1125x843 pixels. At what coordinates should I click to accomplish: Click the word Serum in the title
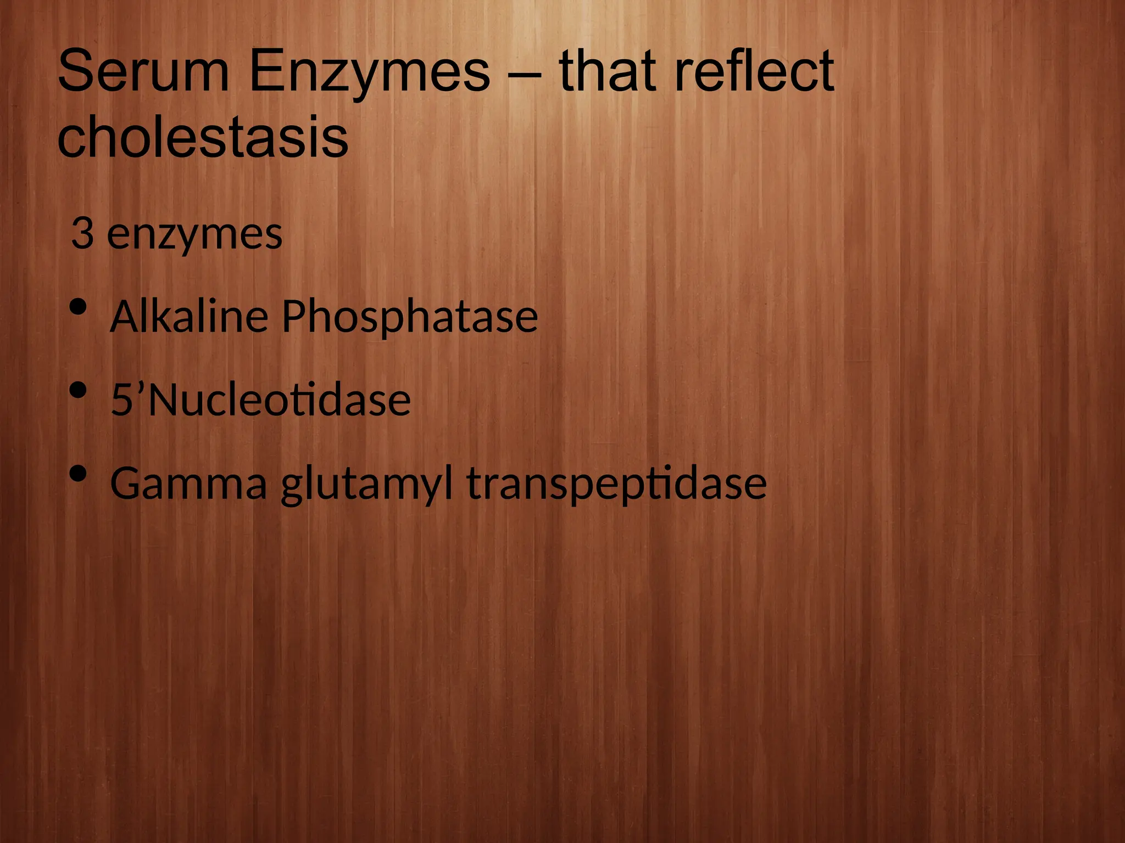[x=143, y=71]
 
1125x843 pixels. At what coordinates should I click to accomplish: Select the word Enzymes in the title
[x=369, y=71]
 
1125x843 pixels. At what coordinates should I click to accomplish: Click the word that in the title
[x=609, y=71]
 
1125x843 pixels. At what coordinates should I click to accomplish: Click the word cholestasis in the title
[x=202, y=136]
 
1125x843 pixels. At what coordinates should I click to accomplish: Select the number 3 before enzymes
[x=82, y=234]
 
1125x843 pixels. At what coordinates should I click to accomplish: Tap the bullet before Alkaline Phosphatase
[x=79, y=307]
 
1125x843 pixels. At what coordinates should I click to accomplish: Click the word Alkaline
[x=189, y=317]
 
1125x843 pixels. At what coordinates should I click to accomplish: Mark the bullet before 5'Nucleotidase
[x=79, y=390]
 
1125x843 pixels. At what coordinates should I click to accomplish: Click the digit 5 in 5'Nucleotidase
[x=121, y=400]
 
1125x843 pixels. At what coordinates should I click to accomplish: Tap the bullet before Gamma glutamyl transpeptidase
[x=79, y=473]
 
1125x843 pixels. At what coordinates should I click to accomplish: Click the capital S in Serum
[x=74, y=71]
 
